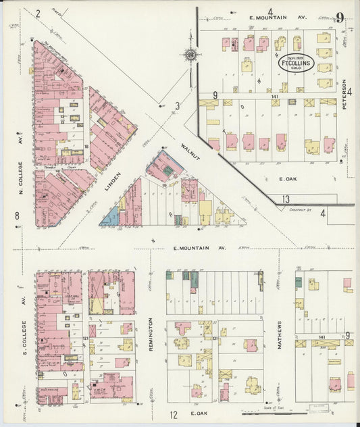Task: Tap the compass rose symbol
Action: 191,55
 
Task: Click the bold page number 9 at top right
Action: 340,18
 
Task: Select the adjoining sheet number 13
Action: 286,199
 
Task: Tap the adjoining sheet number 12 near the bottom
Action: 174,414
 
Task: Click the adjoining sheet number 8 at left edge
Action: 16,216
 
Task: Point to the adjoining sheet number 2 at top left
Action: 38,13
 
